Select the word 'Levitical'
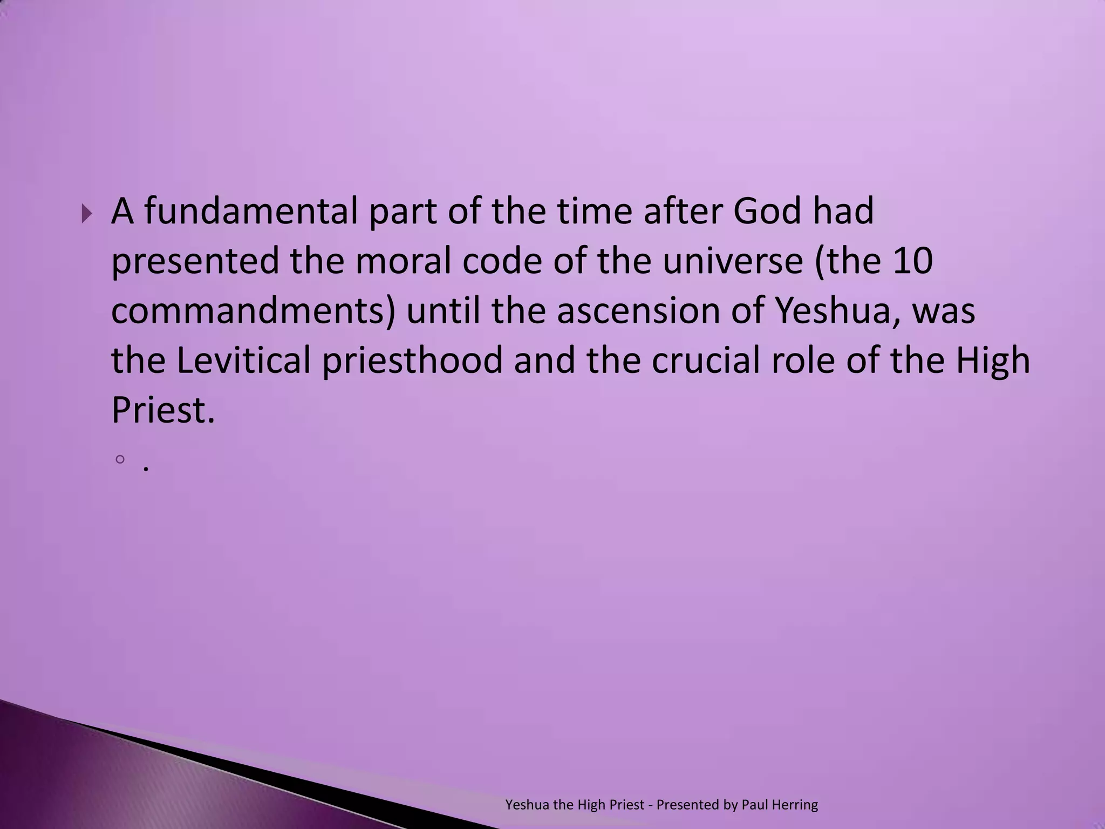click(x=244, y=361)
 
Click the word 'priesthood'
click(x=413, y=361)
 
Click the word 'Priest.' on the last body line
click(x=163, y=411)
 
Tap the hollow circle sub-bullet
click(x=120, y=459)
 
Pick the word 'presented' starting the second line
click(x=195, y=261)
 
